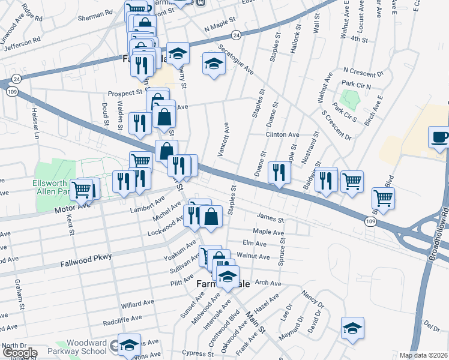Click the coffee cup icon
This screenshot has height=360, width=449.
pyautogui.click(x=439, y=138)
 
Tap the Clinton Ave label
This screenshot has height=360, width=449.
pyautogui.click(x=282, y=135)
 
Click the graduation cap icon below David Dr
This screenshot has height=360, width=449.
pyautogui.click(x=352, y=328)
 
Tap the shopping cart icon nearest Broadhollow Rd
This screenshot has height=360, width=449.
pyautogui.click(x=382, y=197)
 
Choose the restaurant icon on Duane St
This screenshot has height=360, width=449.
pyautogui.click(x=279, y=172)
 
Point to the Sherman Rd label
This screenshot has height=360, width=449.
pyautogui.click(x=100, y=12)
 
